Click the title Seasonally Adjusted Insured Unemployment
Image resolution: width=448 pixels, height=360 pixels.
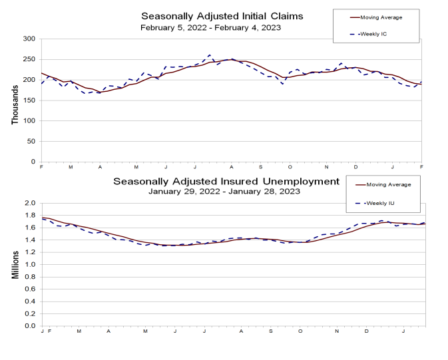[226, 181]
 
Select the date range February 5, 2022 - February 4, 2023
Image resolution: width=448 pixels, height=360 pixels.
[210, 27]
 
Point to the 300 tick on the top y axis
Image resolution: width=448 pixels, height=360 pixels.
[29, 39]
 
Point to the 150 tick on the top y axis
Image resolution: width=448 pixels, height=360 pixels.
[29, 100]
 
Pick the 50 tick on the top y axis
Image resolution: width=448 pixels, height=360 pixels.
[31, 141]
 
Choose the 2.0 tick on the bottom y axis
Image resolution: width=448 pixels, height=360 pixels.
[30, 203]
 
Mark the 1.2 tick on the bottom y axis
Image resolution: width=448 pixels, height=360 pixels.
[30, 252]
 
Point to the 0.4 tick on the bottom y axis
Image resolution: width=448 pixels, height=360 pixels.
[30, 301]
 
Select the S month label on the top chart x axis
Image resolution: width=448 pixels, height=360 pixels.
[261, 167]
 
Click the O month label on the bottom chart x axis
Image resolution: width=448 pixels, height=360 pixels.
[301, 331]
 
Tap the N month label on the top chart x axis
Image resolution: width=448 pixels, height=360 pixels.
[327, 167]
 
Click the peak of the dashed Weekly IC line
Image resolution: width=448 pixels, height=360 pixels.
[210, 55]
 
